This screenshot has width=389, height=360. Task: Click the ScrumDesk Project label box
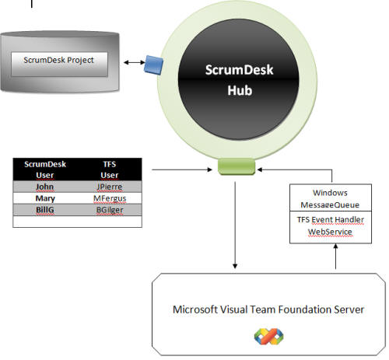pyautogui.click(x=59, y=65)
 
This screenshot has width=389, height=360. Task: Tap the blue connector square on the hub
pyautogui.click(x=154, y=65)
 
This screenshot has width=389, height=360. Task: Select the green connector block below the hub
pyautogui.click(x=237, y=166)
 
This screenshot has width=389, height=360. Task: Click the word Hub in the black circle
pyautogui.click(x=240, y=90)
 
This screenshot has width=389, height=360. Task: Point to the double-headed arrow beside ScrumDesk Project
pyautogui.click(x=135, y=62)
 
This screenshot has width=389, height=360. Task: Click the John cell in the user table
pyautogui.click(x=45, y=187)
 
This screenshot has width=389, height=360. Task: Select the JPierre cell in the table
pyautogui.click(x=110, y=187)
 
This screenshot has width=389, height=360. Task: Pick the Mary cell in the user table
pyautogui.click(x=45, y=198)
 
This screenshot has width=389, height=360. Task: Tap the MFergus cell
pyautogui.click(x=110, y=198)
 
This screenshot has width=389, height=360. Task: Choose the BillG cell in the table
pyautogui.click(x=45, y=210)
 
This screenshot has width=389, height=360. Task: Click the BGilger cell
pyautogui.click(x=110, y=210)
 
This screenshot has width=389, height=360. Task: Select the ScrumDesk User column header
pyautogui.click(x=45, y=170)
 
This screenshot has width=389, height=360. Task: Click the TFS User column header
pyautogui.click(x=110, y=170)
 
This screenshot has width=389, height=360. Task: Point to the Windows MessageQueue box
pyautogui.click(x=331, y=198)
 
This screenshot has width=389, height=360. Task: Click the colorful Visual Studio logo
pyautogui.click(x=268, y=337)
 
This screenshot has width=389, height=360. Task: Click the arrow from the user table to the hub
pyautogui.click(x=182, y=170)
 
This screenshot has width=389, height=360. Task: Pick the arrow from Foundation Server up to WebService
pyautogui.click(x=335, y=257)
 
